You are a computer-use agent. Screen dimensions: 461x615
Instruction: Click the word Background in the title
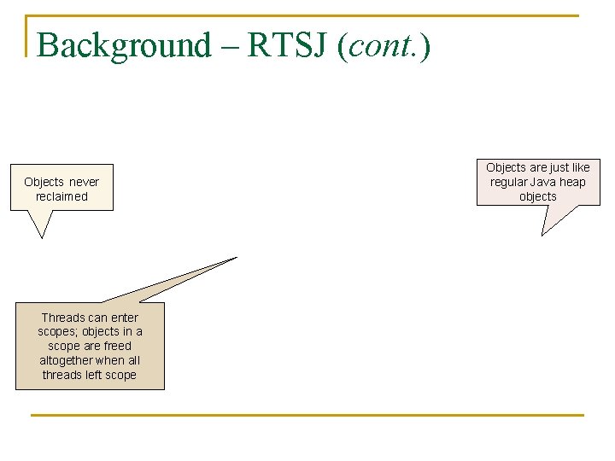123,45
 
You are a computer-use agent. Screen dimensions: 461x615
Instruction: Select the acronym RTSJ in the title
287,45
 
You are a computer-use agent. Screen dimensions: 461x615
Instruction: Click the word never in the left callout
84,182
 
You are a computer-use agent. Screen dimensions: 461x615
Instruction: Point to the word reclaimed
61,196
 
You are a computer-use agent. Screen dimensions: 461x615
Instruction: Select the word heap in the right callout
572,182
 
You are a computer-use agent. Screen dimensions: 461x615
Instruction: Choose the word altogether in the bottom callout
67,360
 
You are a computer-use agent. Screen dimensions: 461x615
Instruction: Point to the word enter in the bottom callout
122,318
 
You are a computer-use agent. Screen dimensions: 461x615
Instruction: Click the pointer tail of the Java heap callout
549,224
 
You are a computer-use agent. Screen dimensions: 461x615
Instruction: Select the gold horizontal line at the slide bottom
307,415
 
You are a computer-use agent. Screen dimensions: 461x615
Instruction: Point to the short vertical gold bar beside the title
27,36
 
